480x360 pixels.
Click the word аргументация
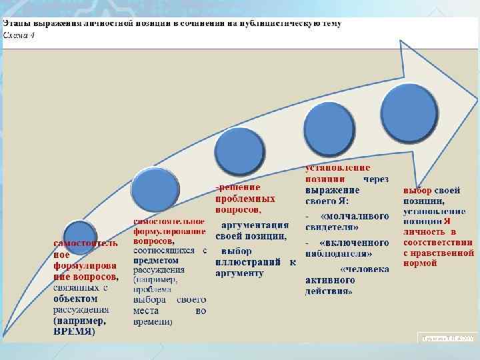pyautogui.click(x=255, y=225)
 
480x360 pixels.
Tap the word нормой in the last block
pyautogui.click(x=420, y=263)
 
